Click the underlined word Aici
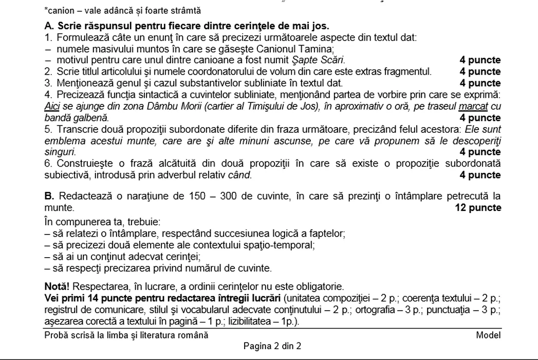click(x=52, y=106)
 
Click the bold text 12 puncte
click(x=478, y=208)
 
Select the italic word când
click(x=240, y=175)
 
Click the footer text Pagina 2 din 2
click(x=272, y=346)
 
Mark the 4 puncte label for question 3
click(x=480, y=83)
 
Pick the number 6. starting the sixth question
click(x=48, y=164)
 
